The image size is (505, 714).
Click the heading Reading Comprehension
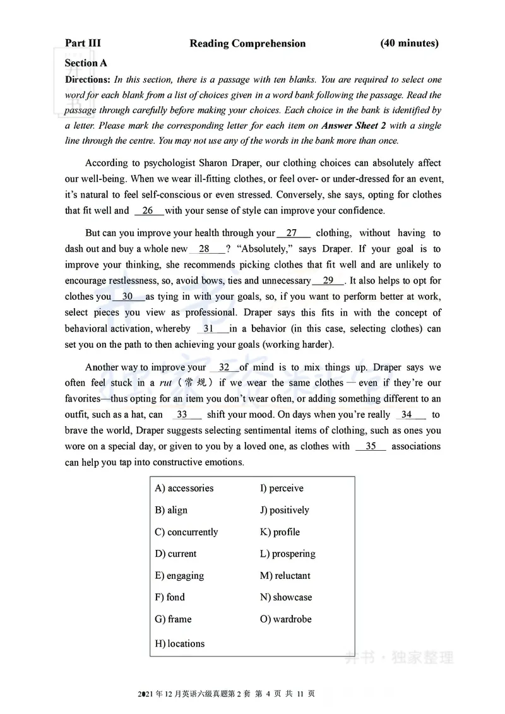(x=247, y=44)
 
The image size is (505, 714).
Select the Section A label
(x=86, y=63)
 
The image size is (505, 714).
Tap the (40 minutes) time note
(x=409, y=43)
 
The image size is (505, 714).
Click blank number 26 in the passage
(x=148, y=211)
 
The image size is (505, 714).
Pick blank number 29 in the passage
(x=328, y=281)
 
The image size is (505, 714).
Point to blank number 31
(x=209, y=329)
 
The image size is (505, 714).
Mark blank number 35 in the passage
(x=371, y=446)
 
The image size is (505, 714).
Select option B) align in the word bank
(x=171, y=510)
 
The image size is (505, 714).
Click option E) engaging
(x=179, y=576)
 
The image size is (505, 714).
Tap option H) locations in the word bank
(x=180, y=644)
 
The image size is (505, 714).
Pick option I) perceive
(x=282, y=489)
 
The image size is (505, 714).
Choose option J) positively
(x=285, y=510)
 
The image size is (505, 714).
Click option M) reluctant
(x=285, y=576)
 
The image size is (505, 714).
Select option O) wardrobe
(x=286, y=619)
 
